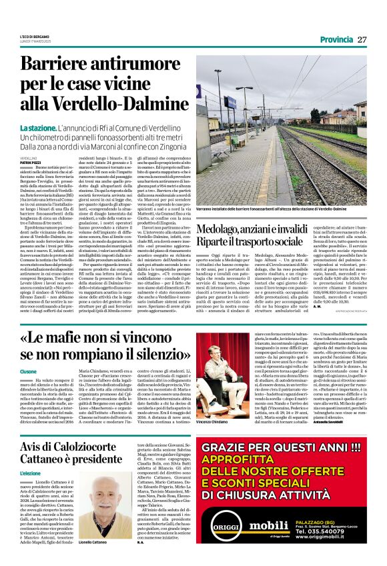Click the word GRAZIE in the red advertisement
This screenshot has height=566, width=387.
[226, 449]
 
